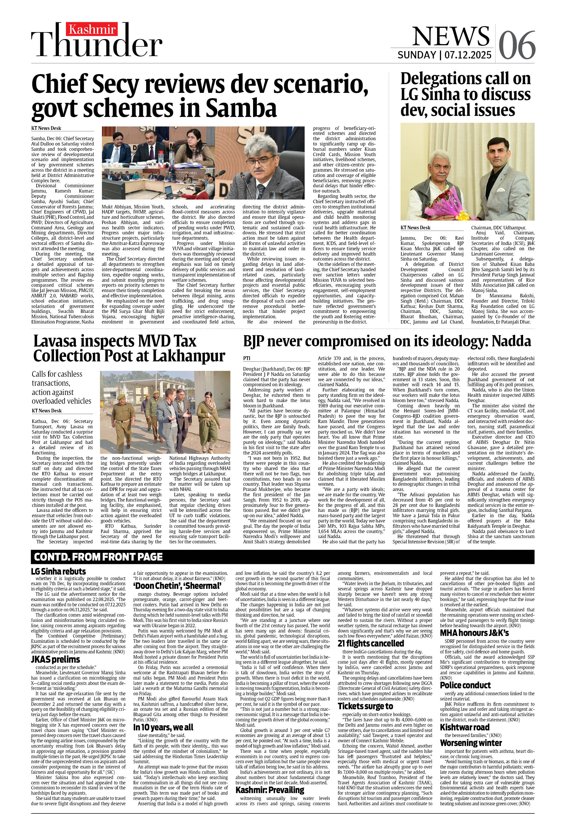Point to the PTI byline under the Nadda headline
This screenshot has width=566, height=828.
point(247,358)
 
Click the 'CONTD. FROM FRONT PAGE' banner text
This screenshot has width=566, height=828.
point(98,557)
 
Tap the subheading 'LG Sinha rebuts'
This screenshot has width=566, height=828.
point(59,571)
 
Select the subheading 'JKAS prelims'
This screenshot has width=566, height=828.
point(56,659)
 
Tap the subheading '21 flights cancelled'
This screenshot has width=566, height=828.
point(371,643)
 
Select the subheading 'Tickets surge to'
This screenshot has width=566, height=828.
point(365,706)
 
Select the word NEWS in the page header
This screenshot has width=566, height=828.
point(451,36)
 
